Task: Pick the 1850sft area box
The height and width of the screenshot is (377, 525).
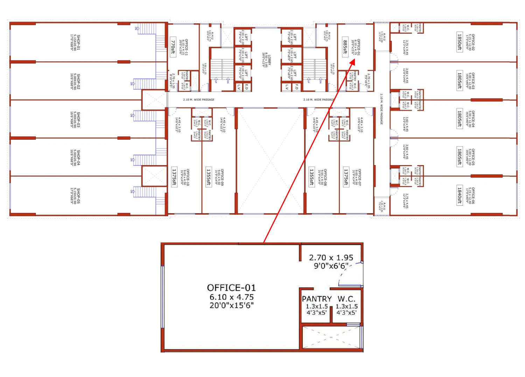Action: [460, 42]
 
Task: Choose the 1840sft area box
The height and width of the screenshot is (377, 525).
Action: [460, 195]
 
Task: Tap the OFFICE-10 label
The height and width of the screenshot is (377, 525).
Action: [188, 177]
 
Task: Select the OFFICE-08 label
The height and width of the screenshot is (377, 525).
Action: [325, 177]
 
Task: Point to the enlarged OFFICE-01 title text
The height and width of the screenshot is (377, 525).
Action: [231, 288]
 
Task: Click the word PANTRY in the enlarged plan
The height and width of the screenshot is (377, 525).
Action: [317, 299]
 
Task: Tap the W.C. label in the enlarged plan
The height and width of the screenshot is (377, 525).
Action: [346, 299]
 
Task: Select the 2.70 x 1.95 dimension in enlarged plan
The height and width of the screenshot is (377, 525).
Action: [331, 258]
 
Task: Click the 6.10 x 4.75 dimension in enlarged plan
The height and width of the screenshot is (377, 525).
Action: [231, 297]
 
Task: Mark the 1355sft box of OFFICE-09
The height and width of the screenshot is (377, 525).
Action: [209, 177]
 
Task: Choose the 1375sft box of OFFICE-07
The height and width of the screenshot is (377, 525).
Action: [346, 177]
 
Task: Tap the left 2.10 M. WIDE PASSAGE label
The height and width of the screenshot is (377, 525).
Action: [198, 100]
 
